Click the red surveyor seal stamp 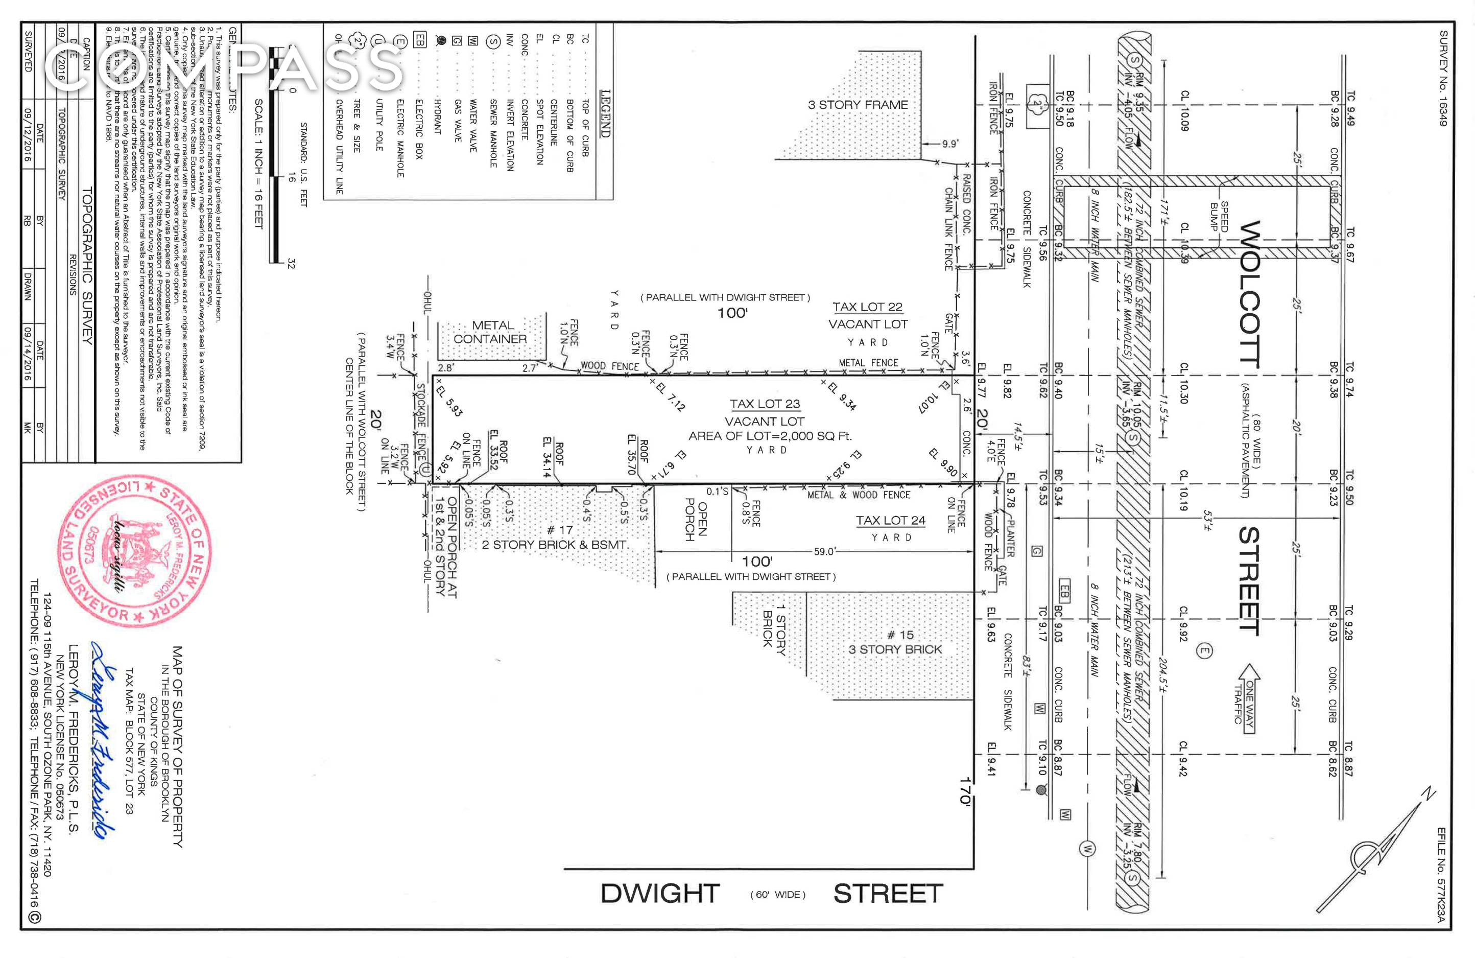[136, 551]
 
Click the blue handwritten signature [102, 738]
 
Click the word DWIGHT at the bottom [660, 894]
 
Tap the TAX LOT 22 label [867, 307]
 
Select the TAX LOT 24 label [891, 521]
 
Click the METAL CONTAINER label [490, 332]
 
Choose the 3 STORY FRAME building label [858, 105]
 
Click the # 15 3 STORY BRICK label [895, 642]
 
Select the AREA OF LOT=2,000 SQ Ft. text [770, 436]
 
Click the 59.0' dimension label [825, 551]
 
